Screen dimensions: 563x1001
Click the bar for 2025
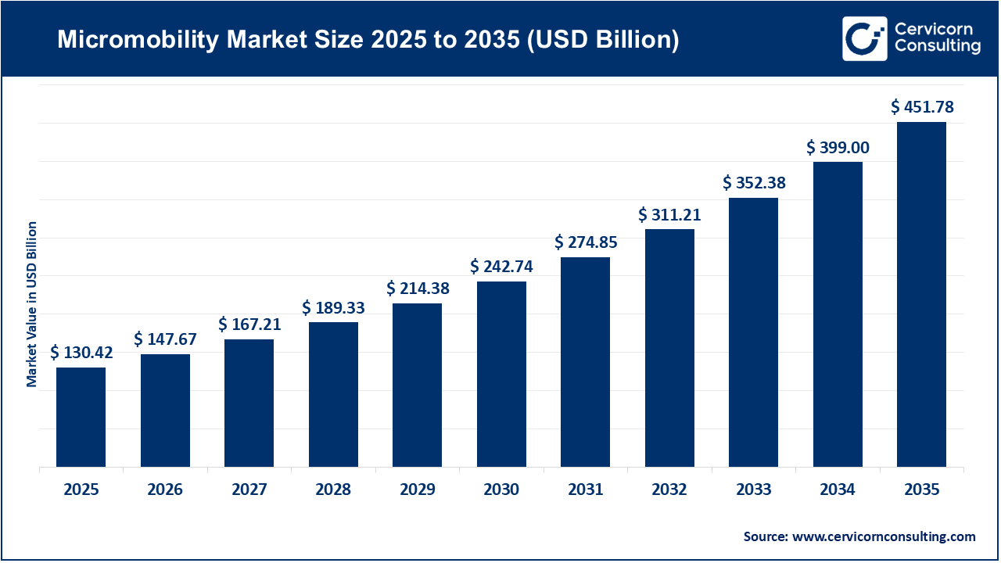coord(81,417)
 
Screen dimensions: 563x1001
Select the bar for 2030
coord(501,374)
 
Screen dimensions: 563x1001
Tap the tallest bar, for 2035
coord(921,294)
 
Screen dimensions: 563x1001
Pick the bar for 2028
coord(333,394)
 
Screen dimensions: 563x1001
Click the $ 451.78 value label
coord(923,107)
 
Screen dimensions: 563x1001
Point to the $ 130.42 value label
coord(82,353)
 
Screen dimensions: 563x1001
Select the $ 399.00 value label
coord(838,147)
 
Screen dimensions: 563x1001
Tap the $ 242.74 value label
coord(501,266)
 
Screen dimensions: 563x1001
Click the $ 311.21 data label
coord(669,214)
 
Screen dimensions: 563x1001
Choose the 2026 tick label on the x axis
coord(164,490)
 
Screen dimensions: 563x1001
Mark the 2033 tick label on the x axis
coord(753,490)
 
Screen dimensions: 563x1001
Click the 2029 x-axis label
coord(417,490)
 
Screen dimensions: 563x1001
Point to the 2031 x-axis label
coord(585,490)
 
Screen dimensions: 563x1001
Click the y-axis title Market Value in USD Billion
coord(32,304)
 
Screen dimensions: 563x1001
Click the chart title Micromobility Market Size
coord(368,40)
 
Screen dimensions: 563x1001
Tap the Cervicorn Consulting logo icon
coord(864,38)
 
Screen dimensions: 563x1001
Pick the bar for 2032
coord(669,348)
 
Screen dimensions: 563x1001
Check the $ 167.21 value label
coord(249,324)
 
